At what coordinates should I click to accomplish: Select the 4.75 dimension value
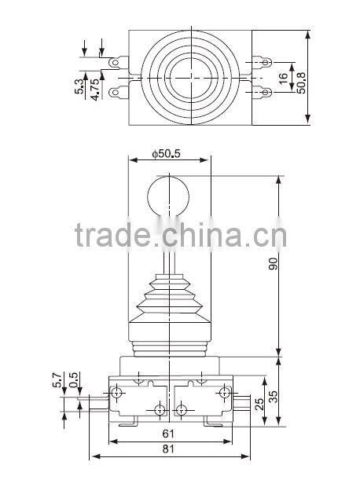[x=95, y=86]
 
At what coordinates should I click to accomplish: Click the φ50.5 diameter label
[x=166, y=154]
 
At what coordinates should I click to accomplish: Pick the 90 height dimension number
[x=273, y=264]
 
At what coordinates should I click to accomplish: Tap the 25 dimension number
[x=259, y=405]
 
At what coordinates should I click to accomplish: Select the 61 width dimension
[x=168, y=433]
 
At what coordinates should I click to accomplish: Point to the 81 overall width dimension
[x=168, y=450]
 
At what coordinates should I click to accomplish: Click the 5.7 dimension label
[x=57, y=379]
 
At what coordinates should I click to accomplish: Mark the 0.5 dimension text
[x=73, y=379]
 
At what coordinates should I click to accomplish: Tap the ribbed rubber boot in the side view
[x=168, y=306]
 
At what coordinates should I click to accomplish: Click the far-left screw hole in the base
[x=117, y=391]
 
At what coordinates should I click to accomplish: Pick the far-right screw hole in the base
[x=224, y=391]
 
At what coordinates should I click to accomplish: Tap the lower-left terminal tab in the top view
[x=119, y=93]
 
